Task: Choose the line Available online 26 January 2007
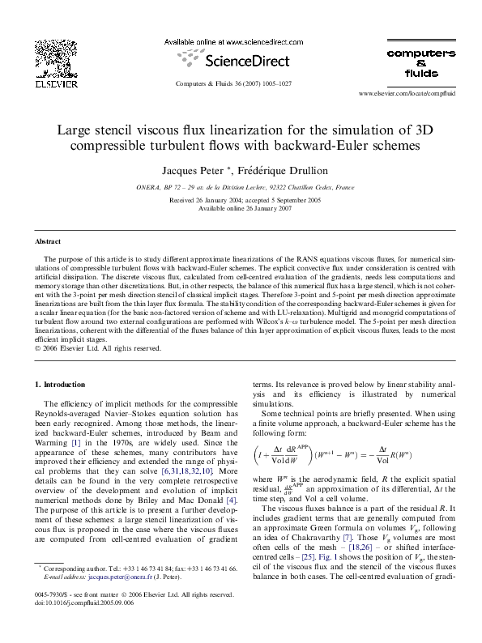point(241,208)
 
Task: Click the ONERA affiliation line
point(241,187)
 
